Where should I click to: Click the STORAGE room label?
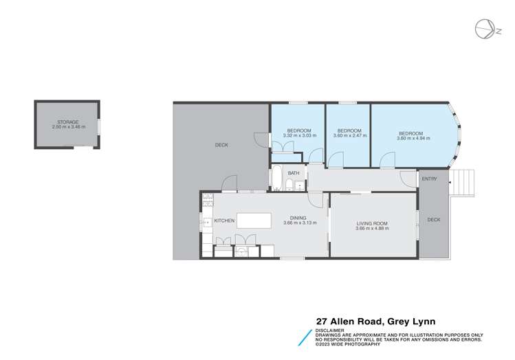[x=67, y=122]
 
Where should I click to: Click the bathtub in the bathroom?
[x=277, y=179]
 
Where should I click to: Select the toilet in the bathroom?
[x=291, y=185]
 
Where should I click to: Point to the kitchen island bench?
[x=254, y=221]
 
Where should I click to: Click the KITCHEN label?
[x=225, y=221]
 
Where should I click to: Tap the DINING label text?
[x=298, y=218]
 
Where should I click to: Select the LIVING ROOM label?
[x=372, y=223]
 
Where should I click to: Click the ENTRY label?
[x=429, y=179]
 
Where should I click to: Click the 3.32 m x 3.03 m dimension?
[x=300, y=136]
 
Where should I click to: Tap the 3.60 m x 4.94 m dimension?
[x=413, y=138]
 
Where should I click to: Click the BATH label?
[x=293, y=172]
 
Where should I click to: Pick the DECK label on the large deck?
[x=221, y=145]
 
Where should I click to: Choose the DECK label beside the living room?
[x=433, y=220]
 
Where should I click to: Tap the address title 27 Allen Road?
[x=375, y=320]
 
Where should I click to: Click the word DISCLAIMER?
[x=331, y=328]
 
